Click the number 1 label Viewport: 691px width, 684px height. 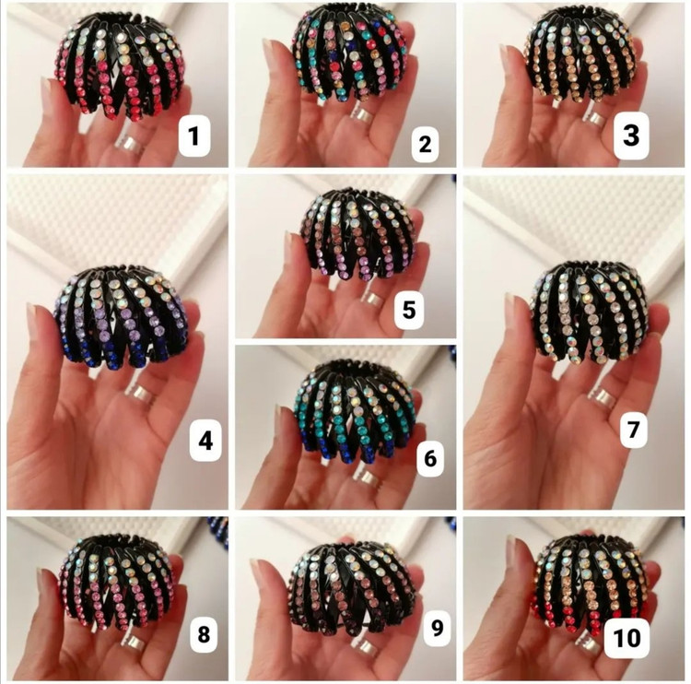point(193,136)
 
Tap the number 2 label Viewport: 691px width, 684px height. point(426,144)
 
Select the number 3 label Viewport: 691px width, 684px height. point(631,136)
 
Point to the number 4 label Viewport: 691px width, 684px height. point(205,440)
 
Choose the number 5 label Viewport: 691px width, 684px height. point(409,309)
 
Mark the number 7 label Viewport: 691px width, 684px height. point(634,428)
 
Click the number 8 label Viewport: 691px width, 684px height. point(204,635)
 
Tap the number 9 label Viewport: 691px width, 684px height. point(437,628)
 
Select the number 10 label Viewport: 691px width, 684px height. point(627,638)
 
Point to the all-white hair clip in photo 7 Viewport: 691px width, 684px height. point(591,313)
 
